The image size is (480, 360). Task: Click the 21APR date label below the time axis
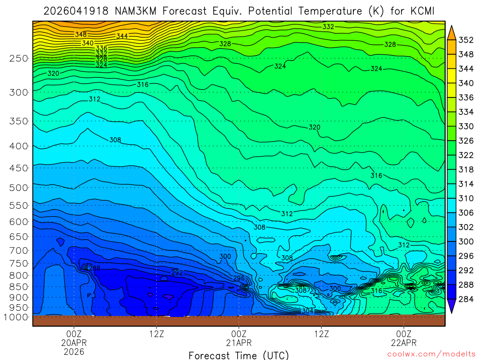pyautogui.click(x=239, y=343)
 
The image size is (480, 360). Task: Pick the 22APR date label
pyautogui.click(x=404, y=343)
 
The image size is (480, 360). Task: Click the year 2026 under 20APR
pyautogui.click(x=74, y=352)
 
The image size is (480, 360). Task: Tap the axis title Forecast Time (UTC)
pyautogui.click(x=239, y=355)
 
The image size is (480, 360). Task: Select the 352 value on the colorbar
pyautogui.click(x=465, y=40)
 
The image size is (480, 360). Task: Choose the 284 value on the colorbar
pyautogui.click(x=465, y=299)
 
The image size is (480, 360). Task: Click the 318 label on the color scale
pyautogui.click(x=465, y=169)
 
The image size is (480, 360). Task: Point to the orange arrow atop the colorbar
pyautogui.click(x=452, y=32)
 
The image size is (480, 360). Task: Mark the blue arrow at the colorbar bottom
pyautogui.click(x=452, y=307)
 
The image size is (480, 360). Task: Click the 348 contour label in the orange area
pyautogui.click(x=81, y=34)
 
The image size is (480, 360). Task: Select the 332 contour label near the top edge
pyautogui.click(x=328, y=27)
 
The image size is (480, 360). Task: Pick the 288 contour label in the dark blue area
pyautogui.click(x=94, y=268)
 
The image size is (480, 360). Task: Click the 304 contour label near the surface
pyautogui.click(x=307, y=311)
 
